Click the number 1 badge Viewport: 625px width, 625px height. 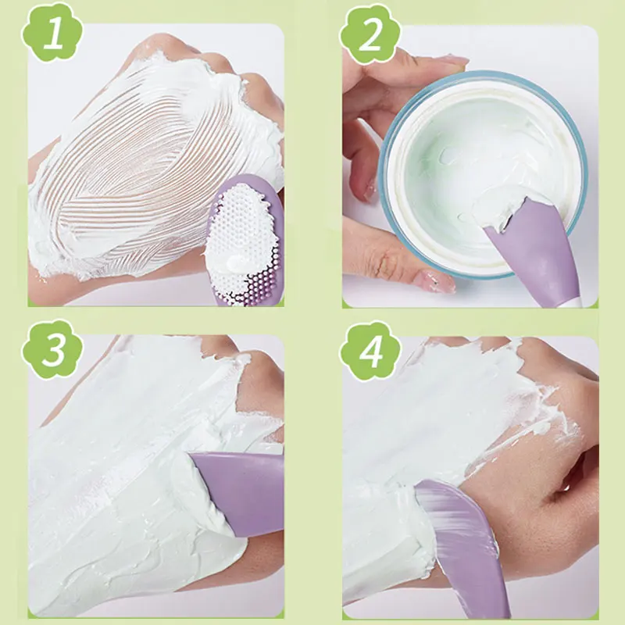tap(52, 35)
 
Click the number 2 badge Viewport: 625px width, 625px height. tap(370, 35)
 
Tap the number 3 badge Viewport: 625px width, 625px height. tap(52, 349)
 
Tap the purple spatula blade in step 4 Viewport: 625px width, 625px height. tap(461, 539)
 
